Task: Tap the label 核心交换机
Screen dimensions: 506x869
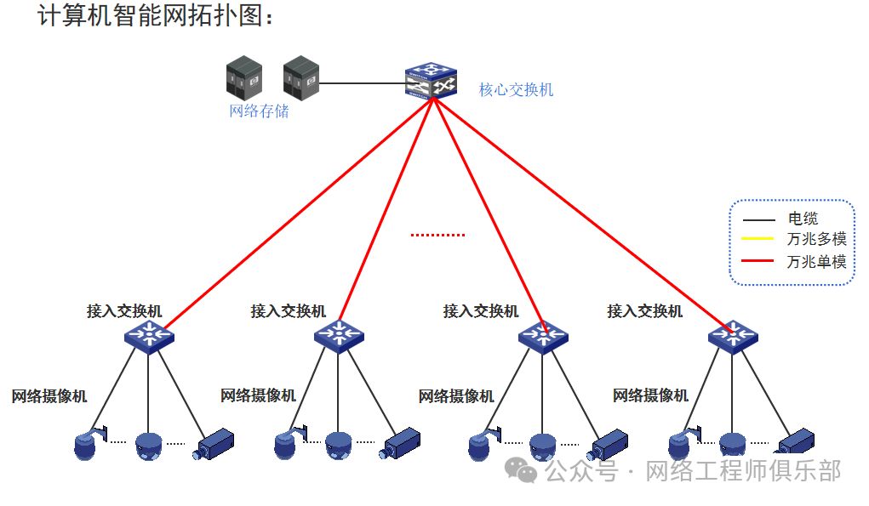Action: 516,89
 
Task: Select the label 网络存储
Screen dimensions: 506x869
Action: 259,111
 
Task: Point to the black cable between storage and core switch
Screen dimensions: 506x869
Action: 362,83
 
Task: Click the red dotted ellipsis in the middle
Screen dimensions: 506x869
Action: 438,235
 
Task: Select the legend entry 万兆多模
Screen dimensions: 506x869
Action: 816,239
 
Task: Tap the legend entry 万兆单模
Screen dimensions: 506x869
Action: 816,261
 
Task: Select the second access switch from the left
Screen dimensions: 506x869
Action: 339,335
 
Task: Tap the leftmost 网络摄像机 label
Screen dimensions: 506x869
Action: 49,396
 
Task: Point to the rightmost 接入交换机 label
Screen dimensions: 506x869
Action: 644,311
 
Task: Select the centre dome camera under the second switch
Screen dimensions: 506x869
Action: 338,444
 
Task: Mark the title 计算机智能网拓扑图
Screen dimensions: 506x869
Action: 157,15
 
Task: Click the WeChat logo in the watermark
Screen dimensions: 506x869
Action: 522,469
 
